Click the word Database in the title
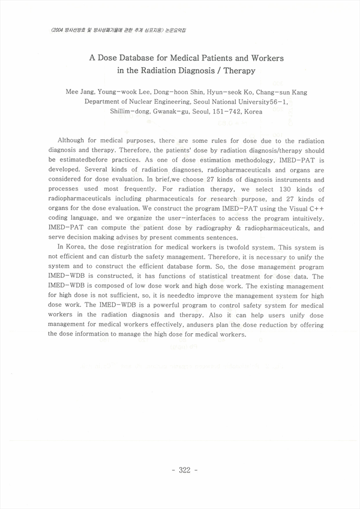(x=137, y=59)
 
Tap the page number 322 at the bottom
(x=181, y=470)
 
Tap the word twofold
(x=247, y=247)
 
